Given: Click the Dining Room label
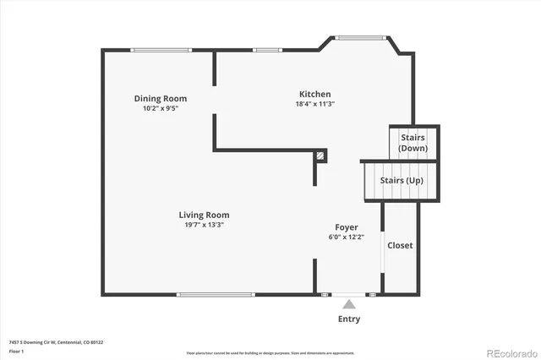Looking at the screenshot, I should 161,98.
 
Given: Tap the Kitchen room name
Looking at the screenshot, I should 314,94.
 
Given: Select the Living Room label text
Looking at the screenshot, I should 204,215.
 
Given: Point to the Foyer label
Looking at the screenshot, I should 347,227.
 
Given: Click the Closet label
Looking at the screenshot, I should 400,245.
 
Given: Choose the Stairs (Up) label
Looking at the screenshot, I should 402,181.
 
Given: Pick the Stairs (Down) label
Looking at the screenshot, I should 413,142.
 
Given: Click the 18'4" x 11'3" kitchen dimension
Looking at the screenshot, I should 315,104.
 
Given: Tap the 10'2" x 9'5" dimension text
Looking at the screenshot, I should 161,108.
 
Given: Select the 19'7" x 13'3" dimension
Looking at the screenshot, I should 204,225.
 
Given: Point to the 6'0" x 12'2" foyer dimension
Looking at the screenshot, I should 347,237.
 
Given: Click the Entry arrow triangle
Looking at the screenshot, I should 348,302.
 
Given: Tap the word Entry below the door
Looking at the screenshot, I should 349,319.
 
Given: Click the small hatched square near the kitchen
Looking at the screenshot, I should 320,155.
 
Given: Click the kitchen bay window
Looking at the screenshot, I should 361,37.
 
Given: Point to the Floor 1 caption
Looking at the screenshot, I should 16,351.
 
